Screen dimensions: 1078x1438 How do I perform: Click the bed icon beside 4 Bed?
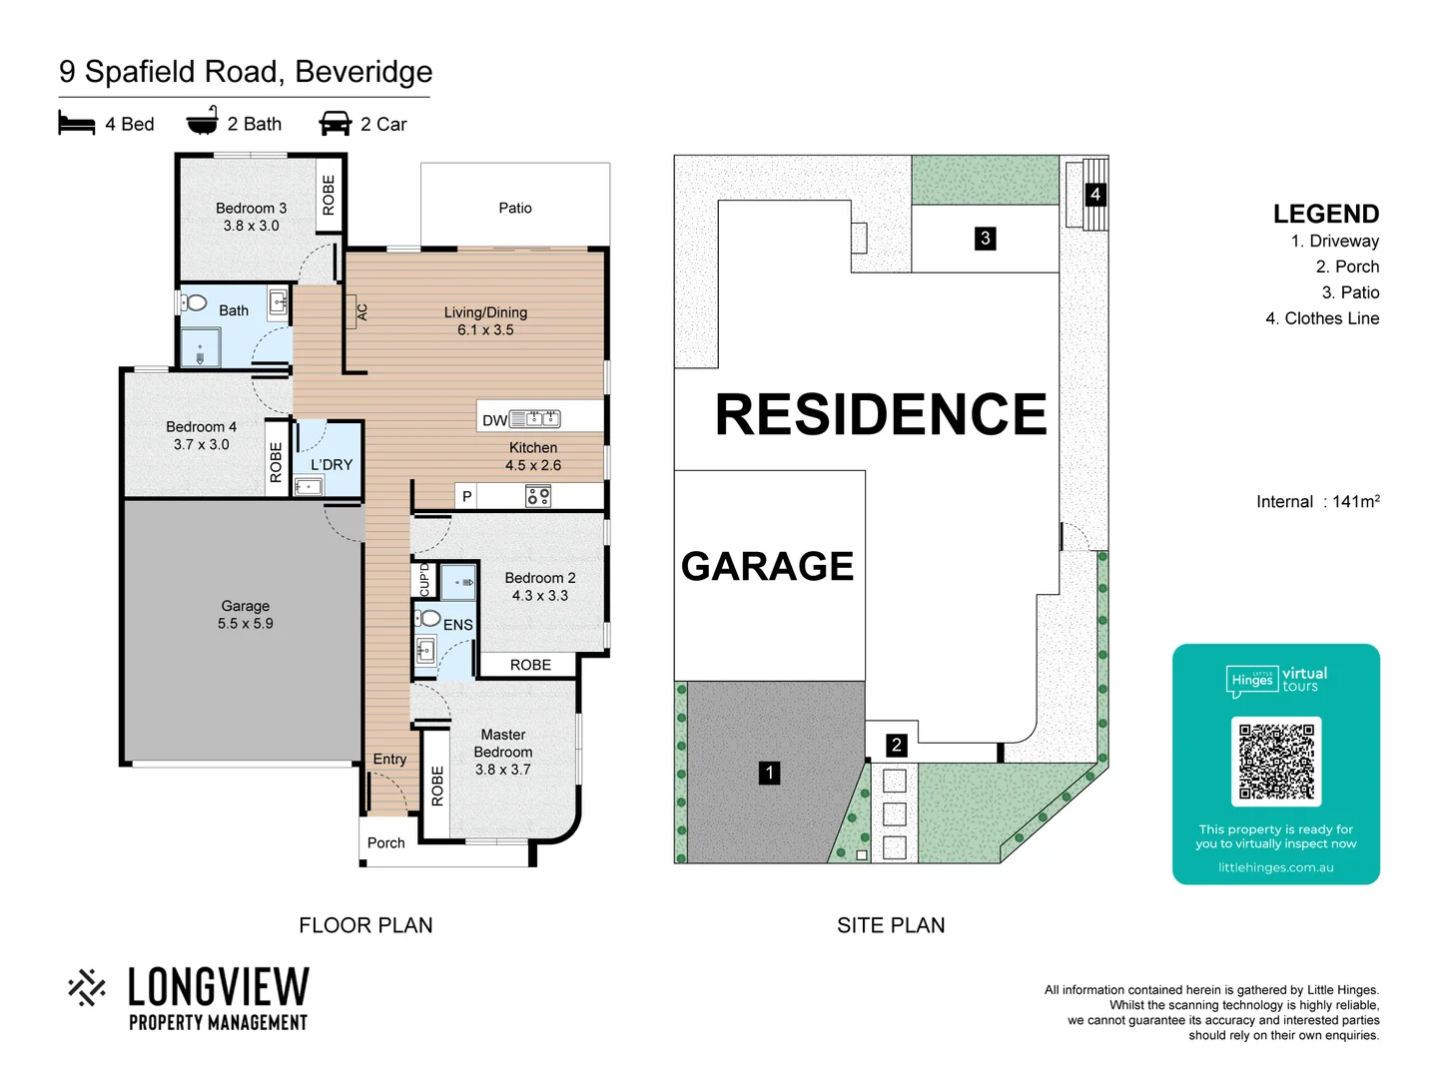77,124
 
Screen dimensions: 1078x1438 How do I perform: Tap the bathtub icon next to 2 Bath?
202,121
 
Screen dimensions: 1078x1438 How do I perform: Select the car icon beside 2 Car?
336,124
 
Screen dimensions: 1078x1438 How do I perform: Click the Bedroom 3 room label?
251,209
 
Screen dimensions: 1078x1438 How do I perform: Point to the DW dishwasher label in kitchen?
494,420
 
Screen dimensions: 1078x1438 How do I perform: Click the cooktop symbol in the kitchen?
537,496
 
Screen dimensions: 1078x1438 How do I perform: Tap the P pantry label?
466,496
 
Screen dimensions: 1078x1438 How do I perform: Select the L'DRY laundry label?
332,464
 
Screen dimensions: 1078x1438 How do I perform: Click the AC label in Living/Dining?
361,312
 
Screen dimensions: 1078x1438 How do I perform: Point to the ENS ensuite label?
458,625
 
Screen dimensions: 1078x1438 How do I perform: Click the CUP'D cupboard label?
424,579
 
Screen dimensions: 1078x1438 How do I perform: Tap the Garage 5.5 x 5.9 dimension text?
246,624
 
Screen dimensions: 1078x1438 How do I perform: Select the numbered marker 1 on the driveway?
769,773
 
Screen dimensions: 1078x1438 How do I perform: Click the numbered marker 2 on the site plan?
897,745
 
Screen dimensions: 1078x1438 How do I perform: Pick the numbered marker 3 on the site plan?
986,239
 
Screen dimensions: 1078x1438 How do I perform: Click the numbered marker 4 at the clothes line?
1095,194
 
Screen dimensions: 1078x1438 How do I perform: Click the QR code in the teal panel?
1276,761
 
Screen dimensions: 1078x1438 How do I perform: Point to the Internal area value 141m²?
1355,501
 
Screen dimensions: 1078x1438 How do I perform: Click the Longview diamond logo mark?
88,987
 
